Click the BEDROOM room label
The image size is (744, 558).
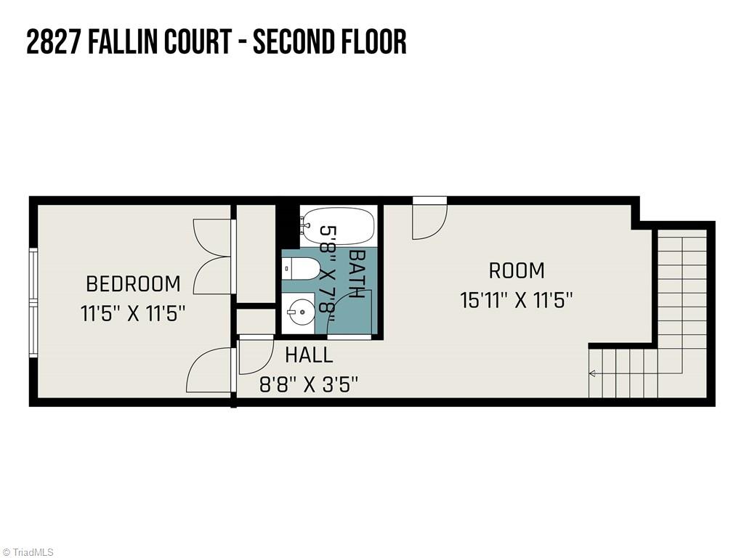click(x=133, y=283)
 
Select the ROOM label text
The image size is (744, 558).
click(x=517, y=271)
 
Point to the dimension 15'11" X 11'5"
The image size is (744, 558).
click(x=517, y=300)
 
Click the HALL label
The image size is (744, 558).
click(x=309, y=355)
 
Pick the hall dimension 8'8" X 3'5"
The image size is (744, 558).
click(x=309, y=384)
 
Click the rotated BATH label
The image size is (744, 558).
click(x=357, y=274)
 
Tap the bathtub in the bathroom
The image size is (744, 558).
click(x=337, y=226)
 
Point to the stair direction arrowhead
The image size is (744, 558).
click(x=592, y=373)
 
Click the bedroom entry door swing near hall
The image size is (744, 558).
click(x=211, y=371)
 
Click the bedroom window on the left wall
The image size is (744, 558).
click(x=33, y=302)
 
